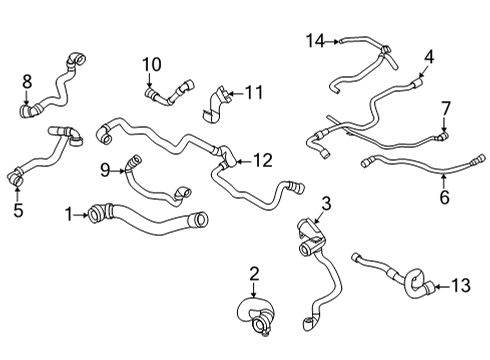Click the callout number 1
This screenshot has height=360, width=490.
point(68,213)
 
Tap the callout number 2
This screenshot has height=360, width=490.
point(254,273)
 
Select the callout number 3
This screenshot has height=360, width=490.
point(325,204)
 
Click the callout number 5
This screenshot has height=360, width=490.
point(17,211)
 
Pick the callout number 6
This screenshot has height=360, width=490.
point(445,197)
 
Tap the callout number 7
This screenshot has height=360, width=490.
point(446,107)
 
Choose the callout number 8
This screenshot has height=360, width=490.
point(27,80)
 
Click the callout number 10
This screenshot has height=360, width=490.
point(151,66)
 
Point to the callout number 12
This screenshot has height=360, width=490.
point(262,159)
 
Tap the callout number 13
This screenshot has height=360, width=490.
point(460,287)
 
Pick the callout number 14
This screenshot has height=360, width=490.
point(316,40)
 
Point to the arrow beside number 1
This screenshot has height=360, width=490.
point(82,213)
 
